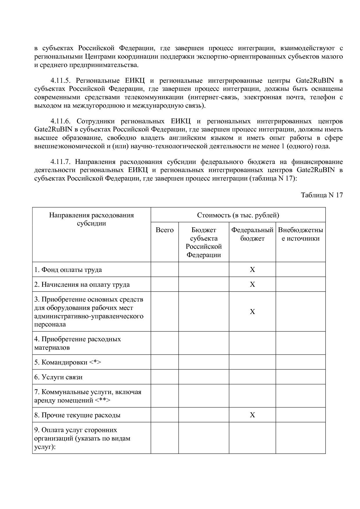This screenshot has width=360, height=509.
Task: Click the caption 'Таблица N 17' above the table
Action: coord(322,195)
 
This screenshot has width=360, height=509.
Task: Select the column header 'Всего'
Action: coord(165,230)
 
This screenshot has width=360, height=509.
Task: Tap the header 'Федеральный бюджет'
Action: coord(252,234)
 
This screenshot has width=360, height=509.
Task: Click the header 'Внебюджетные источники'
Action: coord(300,234)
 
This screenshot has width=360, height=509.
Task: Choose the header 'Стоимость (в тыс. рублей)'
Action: coord(238,215)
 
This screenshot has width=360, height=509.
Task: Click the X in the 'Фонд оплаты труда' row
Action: coord(252,270)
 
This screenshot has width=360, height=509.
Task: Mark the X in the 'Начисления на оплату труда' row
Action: coord(252,284)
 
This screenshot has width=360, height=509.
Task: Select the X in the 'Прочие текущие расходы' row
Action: coord(252,415)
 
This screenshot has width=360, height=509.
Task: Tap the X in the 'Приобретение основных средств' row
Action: coord(252,312)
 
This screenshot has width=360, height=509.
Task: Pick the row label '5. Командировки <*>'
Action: coord(68,362)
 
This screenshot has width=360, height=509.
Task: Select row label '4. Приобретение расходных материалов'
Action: coord(78,343)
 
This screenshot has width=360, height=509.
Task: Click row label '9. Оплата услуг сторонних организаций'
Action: coord(82,438)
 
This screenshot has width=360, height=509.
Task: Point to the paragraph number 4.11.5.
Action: coord(63,80)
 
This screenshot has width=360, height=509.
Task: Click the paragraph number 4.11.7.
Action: coord(63,162)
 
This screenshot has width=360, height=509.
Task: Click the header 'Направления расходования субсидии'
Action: coord(91,219)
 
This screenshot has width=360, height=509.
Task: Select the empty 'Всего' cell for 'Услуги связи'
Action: coord(165,377)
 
